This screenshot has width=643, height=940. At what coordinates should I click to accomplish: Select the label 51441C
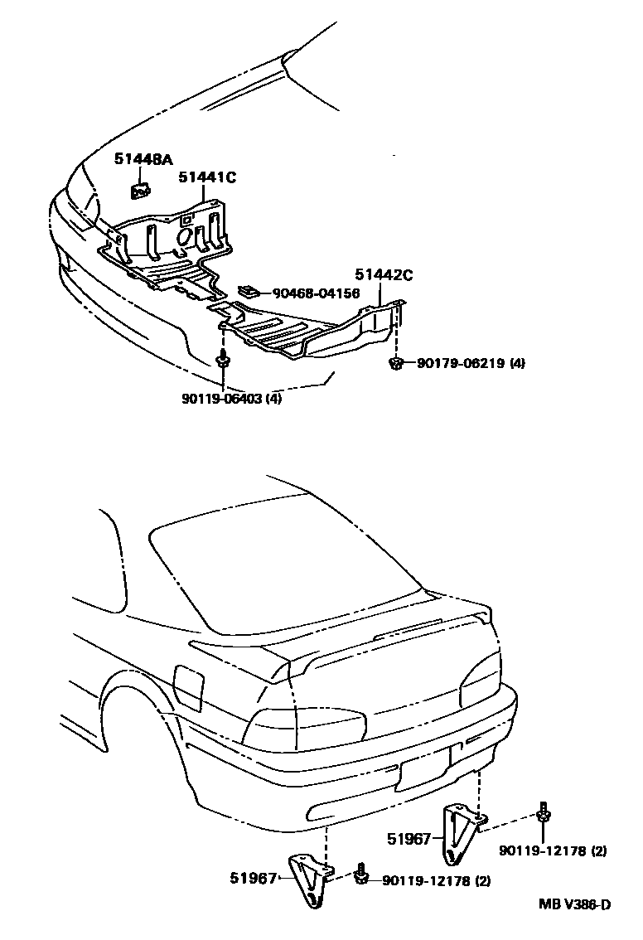point(208,176)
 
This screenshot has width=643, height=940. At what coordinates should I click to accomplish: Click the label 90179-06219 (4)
point(471,363)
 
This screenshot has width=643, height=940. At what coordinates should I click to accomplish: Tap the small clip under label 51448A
point(140,191)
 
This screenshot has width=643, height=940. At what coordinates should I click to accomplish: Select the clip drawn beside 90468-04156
point(249,291)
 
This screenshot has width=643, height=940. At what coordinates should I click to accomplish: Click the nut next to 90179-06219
point(396,362)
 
